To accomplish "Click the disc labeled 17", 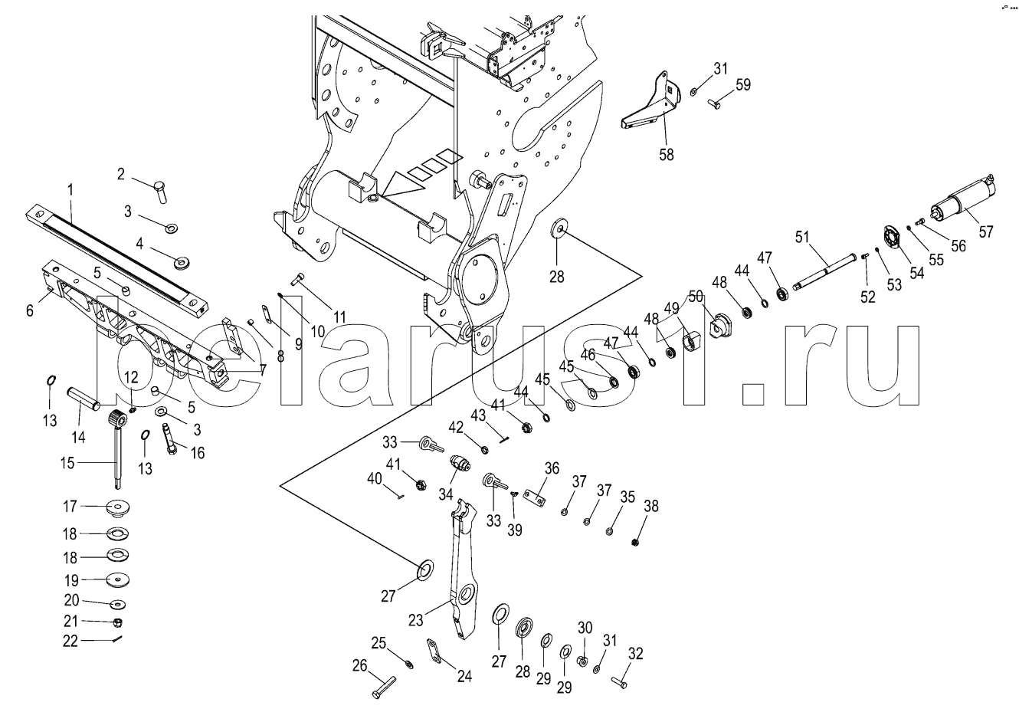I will click(116, 507).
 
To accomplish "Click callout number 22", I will click(70, 641).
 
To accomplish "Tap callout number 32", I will click(635, 654).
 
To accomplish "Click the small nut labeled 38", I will click(635, 543).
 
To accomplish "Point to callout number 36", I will click(552, 468).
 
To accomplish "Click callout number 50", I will click(695, 296).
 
